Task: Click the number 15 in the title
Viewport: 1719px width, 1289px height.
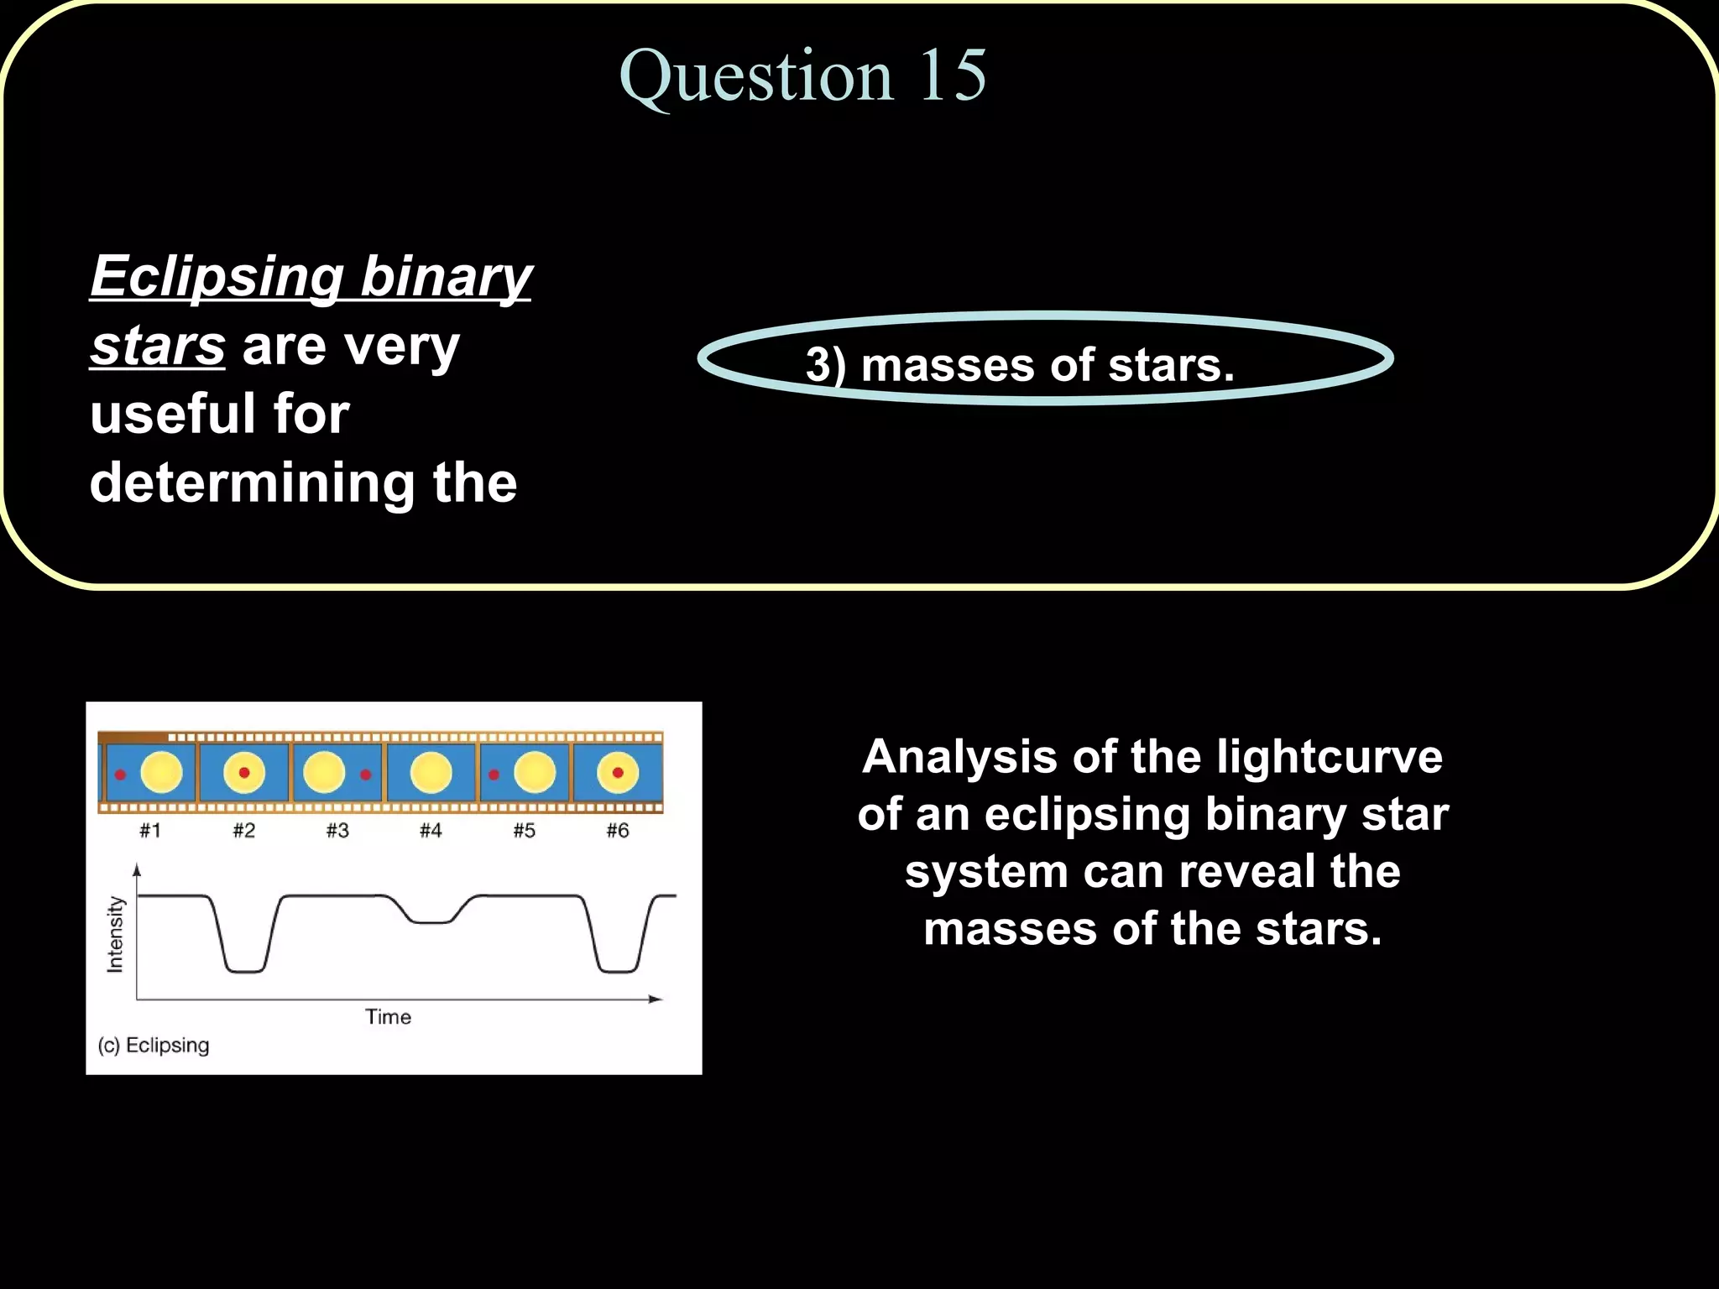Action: tap(952, 76)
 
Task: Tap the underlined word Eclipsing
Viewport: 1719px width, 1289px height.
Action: tap(217, 277)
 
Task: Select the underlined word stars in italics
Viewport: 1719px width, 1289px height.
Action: tap(158, 346)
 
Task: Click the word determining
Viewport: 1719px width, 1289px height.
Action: tap(252, 483)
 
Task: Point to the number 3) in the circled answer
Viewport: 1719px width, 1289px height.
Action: tap(826, 366)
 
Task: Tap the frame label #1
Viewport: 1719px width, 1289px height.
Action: tap(150, 831)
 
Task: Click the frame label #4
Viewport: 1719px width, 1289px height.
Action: tap(431, 831)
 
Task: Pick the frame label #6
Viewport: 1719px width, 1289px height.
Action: tap(618, 831)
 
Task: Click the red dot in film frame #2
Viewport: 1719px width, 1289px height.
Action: tap(244, 772)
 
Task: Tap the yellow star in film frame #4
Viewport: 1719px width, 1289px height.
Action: tap(431, 773)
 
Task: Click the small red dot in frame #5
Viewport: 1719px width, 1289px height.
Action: tap(494, 775)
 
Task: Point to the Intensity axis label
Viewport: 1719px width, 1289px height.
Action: tap(116, 934)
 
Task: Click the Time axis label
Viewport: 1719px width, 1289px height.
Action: tap(388, 1017)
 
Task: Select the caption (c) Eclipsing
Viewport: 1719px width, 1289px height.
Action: tap(154, 1046)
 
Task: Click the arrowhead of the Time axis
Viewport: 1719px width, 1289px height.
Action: tap(656, 999)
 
